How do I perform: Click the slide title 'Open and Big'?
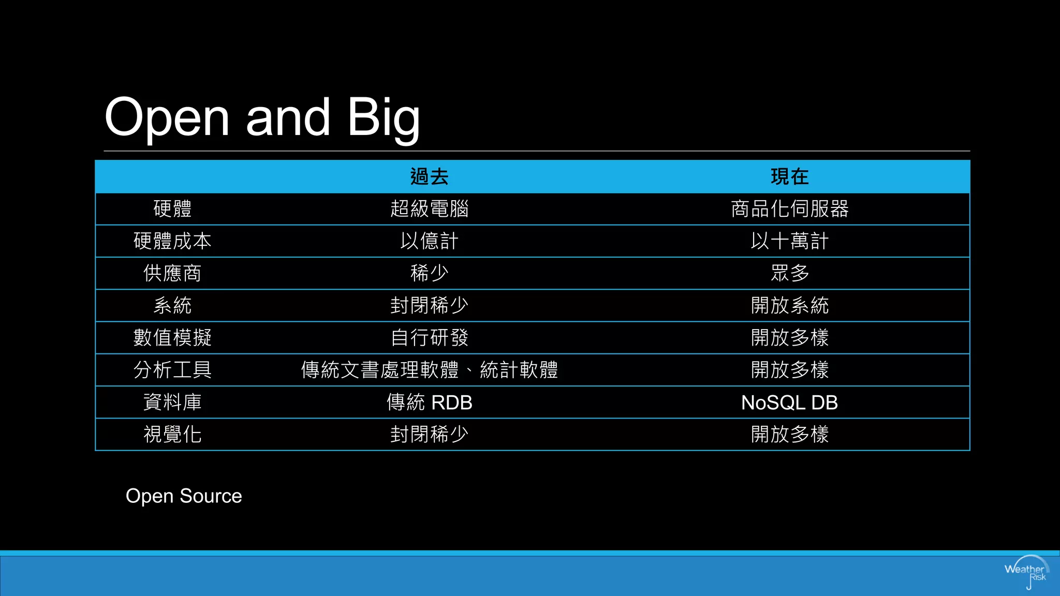[x=262, y=117]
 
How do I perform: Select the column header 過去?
[x=429, y=177]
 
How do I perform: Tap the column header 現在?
[x=789, y=177]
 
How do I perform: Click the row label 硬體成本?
[x=172, y=241]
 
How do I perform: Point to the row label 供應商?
[x=172, y=273]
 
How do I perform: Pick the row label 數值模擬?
[x=172, y=338]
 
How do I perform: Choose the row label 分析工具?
[x=172, y=370]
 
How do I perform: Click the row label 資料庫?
[x=172, y=402]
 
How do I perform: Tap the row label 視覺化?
[x=172, y=434]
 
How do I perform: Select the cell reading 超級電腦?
[x=429, y=209]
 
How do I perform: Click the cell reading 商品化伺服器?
[x=789, y=209]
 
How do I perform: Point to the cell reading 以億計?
[x=429, y=241]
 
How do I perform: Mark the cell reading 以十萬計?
[x=789, y=241]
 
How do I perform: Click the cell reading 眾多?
[x=789, y=273]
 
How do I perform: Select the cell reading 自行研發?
[x=429, y=338]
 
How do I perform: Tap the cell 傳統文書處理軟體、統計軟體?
[x=429, y=370]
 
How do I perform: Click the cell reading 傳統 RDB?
[x=429, y=402]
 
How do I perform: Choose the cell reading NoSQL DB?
[x=789, y=402]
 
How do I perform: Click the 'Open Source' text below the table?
[x=184, y=496]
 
